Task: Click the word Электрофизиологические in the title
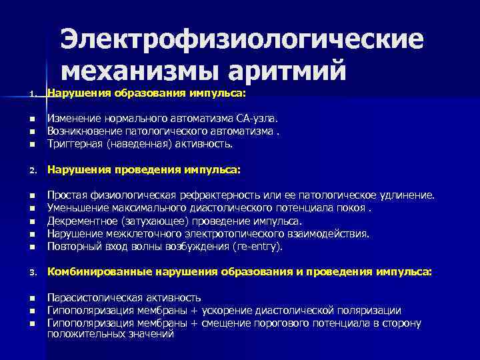click(241, 39)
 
